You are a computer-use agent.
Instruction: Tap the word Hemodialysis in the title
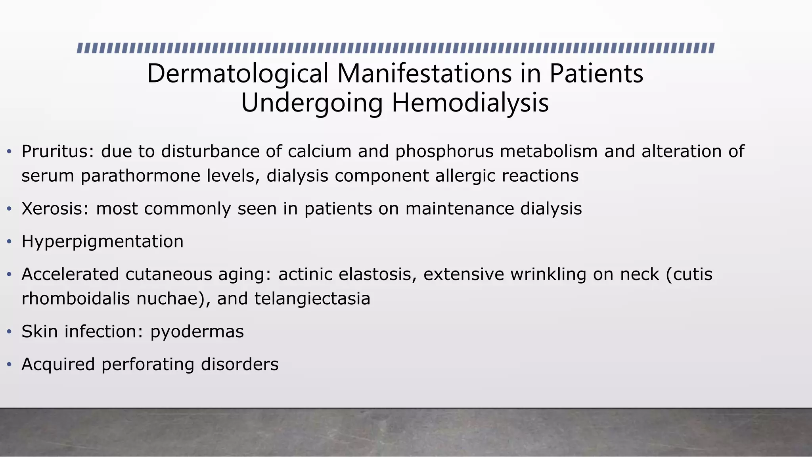[470, 103]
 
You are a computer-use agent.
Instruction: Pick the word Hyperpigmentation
[102, 242]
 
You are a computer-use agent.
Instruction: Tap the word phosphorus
[444, 152]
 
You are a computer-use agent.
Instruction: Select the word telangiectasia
[312, 299]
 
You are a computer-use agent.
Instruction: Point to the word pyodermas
[197, 332]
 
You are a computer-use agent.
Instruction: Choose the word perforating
[148, 365]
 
